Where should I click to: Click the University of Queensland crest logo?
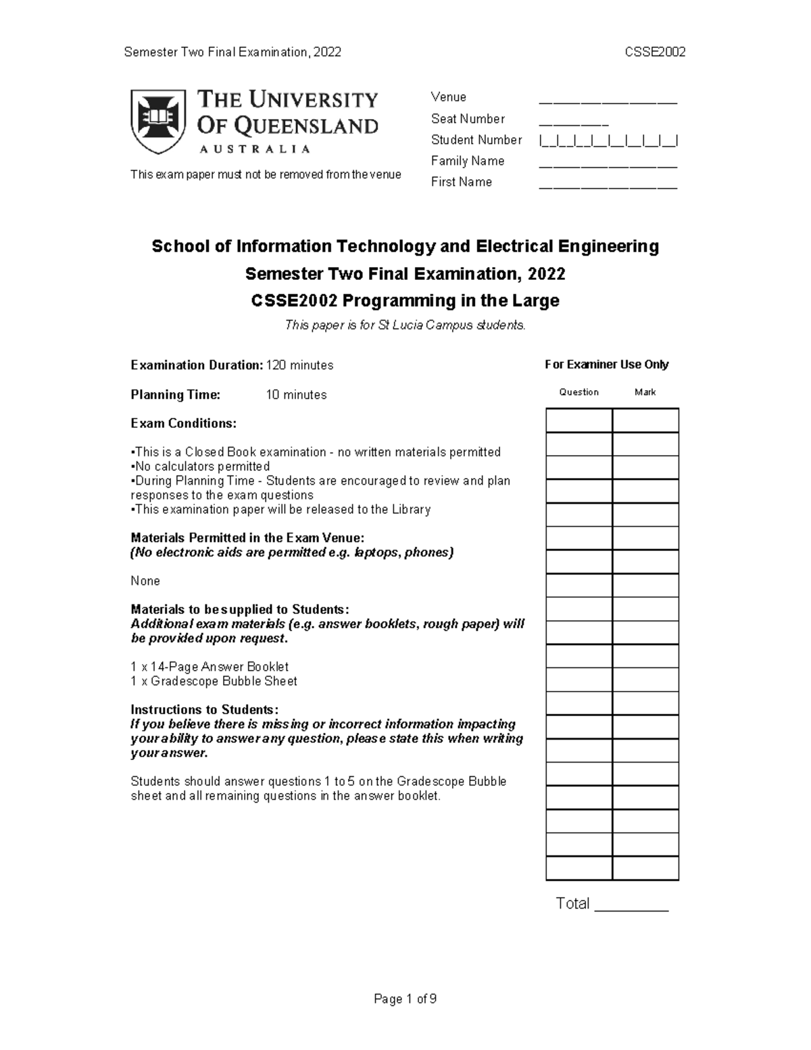coord(158,120)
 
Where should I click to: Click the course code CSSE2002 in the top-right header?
coord(656,52)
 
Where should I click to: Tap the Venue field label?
coord(449,97)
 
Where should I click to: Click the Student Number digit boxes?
coord(608,141)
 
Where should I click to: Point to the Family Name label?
coord(468,161)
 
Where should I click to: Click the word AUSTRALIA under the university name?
coord(254,149)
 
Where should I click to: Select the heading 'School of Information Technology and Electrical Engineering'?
coord(405,246)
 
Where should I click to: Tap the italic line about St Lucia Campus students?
coord(405,325)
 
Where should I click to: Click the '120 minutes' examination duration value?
coord(299,365)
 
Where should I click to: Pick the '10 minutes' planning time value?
coord(296,395)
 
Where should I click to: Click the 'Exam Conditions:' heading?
coord(183,423)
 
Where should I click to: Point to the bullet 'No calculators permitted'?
coord(201,467)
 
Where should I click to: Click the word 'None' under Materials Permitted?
coord(145,581)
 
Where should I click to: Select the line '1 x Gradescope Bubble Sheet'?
coord(214,681)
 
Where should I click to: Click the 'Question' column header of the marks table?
coord(579,392)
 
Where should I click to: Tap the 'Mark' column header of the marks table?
coord(645,392)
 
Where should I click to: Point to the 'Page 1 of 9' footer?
coord(405,999)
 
